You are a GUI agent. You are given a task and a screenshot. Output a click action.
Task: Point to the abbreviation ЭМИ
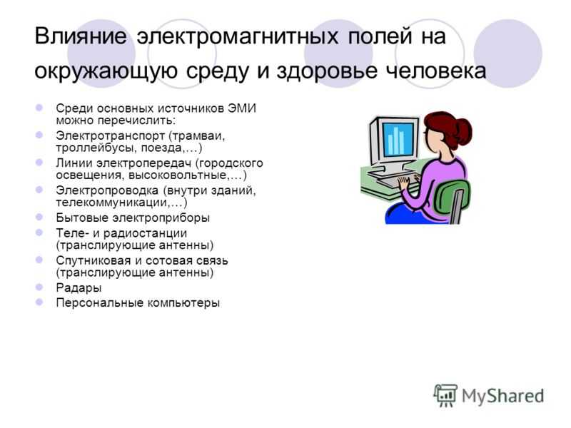tap(242, 108)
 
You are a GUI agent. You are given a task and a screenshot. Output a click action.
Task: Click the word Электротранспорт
tap(111, 136)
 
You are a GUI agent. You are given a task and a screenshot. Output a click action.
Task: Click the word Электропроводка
tap(107, 190)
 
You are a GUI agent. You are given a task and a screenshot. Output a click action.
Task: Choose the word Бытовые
tap(81, 218)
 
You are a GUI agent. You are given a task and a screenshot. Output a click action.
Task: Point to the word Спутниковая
tap(94, 260)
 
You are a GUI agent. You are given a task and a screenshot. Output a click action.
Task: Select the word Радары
tap(79, 288)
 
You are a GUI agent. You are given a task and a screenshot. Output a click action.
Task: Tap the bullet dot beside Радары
tap(39, 287)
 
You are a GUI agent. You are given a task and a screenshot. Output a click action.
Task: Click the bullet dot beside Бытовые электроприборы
tap(39, 217)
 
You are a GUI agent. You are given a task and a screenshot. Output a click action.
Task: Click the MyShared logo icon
tap(445, 395)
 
